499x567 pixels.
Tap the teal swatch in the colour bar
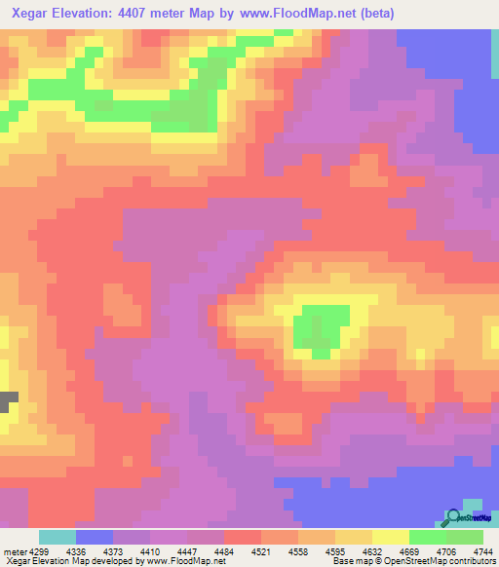58,538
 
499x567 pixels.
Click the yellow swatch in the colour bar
391,538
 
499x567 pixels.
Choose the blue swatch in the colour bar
95,538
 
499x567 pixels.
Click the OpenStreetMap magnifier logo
454,517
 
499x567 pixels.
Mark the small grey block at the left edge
8,400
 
